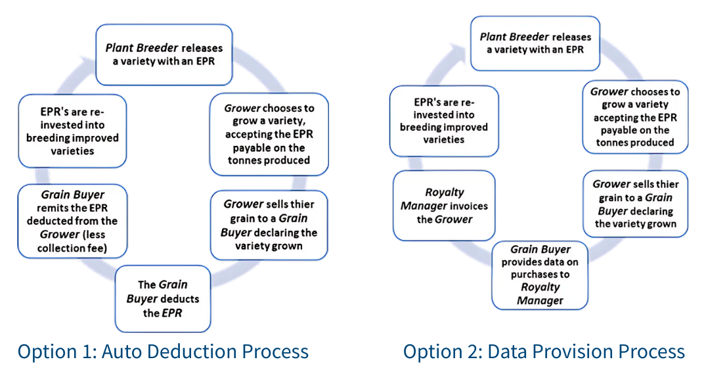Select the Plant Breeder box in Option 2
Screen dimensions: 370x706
(x=535, y=43)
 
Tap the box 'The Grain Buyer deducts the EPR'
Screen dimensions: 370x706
(x=163, y=299)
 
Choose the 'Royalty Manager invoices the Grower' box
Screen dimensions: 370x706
(x=444, y=205)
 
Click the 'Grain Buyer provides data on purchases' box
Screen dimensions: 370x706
(x=540, y=275)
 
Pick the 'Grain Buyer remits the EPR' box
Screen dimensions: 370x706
(x=72, y=221)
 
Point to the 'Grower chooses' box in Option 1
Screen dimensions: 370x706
(x=269, y=134)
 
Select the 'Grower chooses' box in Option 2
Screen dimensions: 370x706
(x=634, y=117)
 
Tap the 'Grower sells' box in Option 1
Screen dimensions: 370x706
(x=269, y=225)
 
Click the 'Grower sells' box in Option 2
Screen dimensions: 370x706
(x=635, y=204)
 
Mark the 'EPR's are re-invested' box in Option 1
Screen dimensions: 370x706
(x=72, y=131)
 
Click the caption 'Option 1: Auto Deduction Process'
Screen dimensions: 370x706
(x=163, y=352)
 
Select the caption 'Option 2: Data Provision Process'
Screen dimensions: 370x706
(x=544, y=352)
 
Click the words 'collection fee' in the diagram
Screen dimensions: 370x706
(x=72, y=247)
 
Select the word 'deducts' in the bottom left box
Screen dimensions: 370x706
(x=180, y=299)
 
